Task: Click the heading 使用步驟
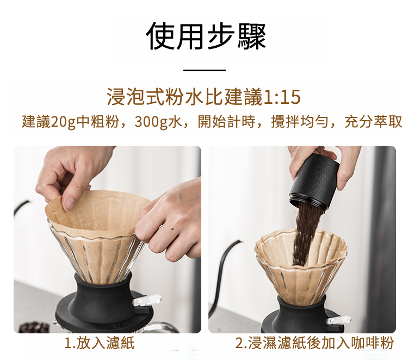click(x=206, y=36)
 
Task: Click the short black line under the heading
click(x=204, y=70)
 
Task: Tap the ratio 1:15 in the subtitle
click(x=282, y=97)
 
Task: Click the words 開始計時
click(x=226, y=121)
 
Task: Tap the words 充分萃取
click(x=373, y=121)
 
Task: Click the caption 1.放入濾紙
click(x=99, y=343)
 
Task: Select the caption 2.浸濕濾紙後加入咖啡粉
click(x=314, y=343)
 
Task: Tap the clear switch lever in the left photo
click(x=146, y=300)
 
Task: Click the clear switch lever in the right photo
click(x=338, y=320)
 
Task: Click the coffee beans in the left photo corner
click(x=34, y=327)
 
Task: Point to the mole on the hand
click(x=172, y=229)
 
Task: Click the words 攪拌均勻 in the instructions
click(x=300, y=121)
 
